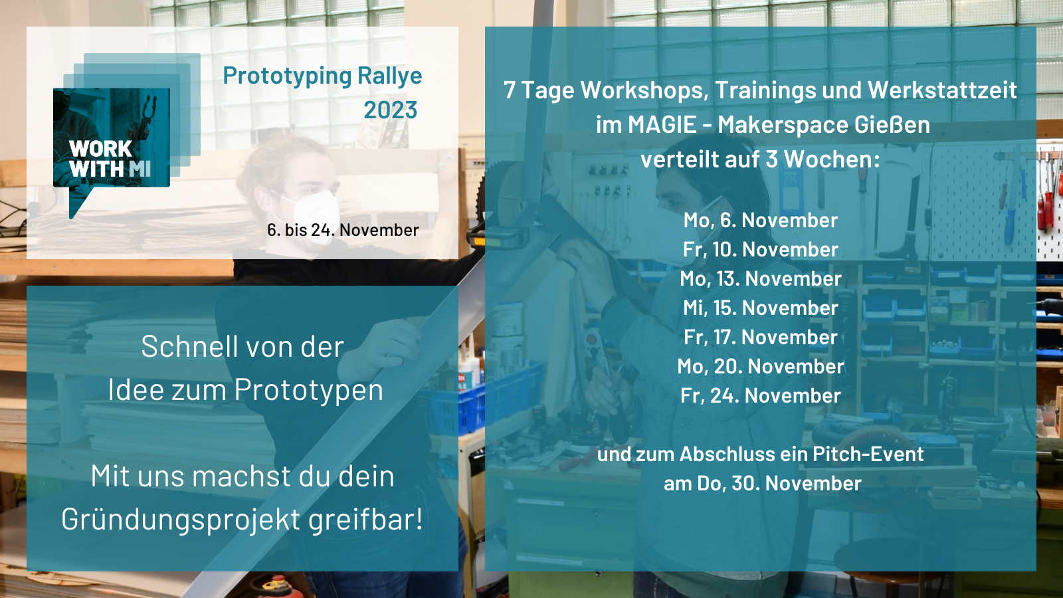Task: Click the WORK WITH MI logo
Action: [x=126, y=136]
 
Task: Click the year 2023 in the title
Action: [x=391, y=110]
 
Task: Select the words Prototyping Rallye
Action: [x=323, y=76]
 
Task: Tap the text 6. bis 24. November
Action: [x=343, y=230]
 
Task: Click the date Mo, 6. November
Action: [x=761, y=220]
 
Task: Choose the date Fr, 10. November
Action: [x=761, y=250]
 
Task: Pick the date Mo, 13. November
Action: [x=761, y=278]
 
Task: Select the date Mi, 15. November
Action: [x=761, y=308]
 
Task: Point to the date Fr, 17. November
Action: [x=761, y=338]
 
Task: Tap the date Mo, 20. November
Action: [x=761, y=366]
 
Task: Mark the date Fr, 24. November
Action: [x=761, y=396]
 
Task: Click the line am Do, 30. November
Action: [x=763, y=484]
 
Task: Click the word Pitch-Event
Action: [x=868, y=454]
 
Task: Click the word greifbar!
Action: [x=366, y=519]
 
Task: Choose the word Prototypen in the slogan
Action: [x=309, y=390]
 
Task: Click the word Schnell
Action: [x=190, y=346]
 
